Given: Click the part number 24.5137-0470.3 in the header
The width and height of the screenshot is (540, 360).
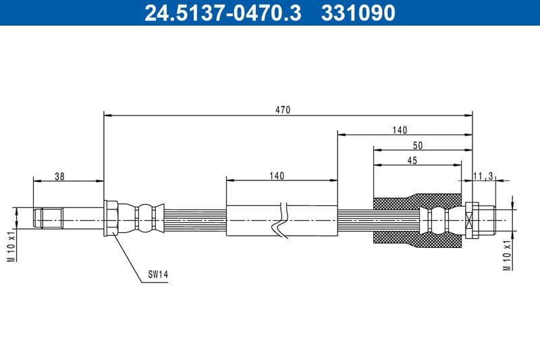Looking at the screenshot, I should pos(223,13).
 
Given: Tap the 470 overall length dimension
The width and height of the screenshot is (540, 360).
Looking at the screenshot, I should pos(283,110).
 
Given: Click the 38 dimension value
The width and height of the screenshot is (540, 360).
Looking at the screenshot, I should pos(59,176).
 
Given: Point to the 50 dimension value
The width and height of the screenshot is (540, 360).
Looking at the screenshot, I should pos(417,145).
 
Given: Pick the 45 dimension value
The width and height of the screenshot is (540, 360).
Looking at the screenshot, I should pos(412,161).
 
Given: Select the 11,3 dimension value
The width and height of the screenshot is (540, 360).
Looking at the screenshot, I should pos(483,176).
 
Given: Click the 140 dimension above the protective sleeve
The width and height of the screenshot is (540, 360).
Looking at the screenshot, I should pos(277,176).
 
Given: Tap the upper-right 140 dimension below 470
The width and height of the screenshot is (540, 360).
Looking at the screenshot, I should pos(400,130).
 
